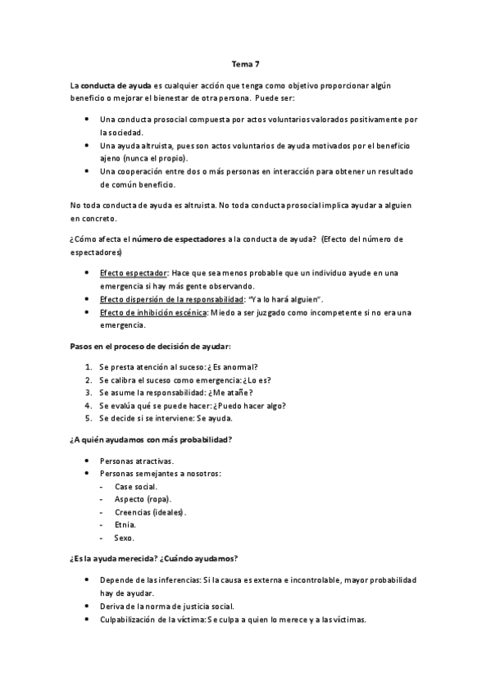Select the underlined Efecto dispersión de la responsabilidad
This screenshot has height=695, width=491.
pyautogui.click(x=164, y=299)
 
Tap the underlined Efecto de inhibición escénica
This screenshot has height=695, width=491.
pyautogui.click(x=152, y=312)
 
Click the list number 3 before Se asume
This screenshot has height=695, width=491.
pyautogui.click(x=89, y=392)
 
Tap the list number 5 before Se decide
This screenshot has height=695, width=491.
pyautogui.click(x=89, y=418)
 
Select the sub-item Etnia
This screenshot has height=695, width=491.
pyautogui.click(x=125, y=525)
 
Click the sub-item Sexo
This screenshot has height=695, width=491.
pyautogui.click(x=124, y=538)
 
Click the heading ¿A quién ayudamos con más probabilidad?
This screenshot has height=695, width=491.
pyautogui.click(x=151, y=441)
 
